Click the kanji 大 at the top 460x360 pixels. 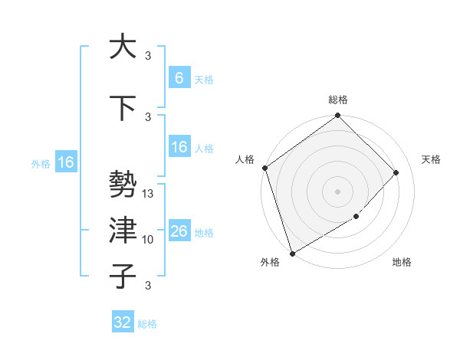tap(122, 47)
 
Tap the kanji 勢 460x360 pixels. tap(122, 185)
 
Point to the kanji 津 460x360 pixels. tap(122, 231)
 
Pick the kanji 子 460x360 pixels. tap(122, 277)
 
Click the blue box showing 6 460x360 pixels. tap(179, 78)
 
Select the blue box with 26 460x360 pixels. tap(179, 231)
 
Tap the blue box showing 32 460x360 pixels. tap(123, 322)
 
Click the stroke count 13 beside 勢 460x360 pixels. tap(149, 194)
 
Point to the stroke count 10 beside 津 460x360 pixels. tap(149, 240)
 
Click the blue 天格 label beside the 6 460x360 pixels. tap(204, 79)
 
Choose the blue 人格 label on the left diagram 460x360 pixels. tap(204, 149)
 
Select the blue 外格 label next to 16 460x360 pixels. tap(41, 163)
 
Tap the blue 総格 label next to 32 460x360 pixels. tap(147, 324)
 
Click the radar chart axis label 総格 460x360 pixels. tap(338, 100)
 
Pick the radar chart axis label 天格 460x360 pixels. tap(431, 159)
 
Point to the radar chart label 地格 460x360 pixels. tap(402, 263)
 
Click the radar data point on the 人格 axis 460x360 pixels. tap(264, 168)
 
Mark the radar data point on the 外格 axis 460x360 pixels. tap(292, 253)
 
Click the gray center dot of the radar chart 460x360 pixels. tap(337, 191)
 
